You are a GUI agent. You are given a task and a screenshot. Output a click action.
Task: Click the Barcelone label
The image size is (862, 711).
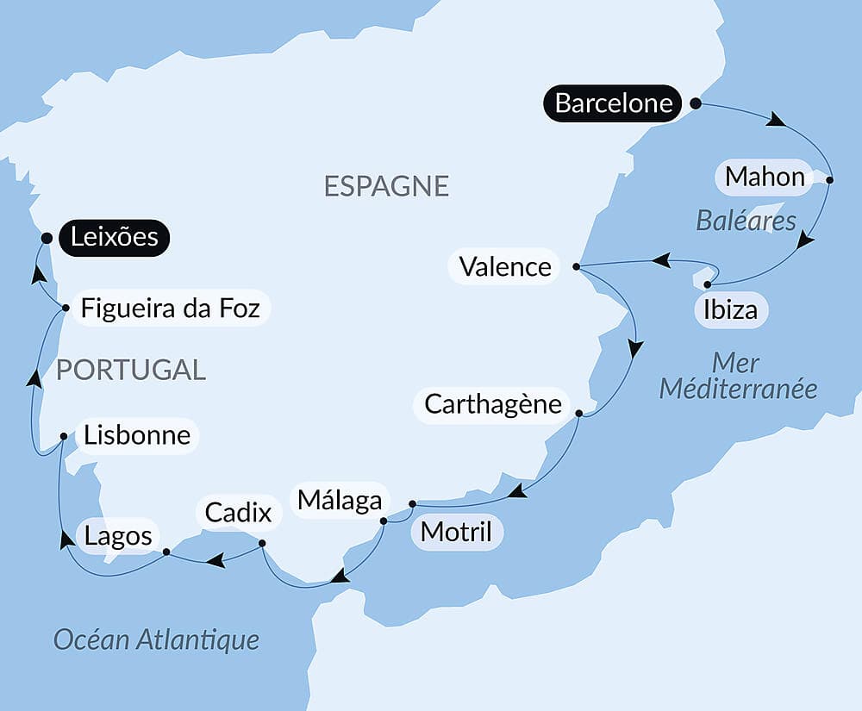click(x=613, y=103)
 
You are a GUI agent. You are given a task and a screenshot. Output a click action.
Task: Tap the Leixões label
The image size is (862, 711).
click(x=115, y=237)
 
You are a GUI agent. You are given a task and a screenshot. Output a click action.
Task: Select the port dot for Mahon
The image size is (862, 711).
click(x=829, y=180)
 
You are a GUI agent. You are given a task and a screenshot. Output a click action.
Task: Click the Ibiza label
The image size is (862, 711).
click(x=730, y=309)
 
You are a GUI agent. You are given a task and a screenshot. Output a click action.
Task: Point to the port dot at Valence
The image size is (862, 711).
click(x=577, y=267)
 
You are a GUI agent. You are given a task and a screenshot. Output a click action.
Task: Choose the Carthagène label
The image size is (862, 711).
click(x=492, y=403)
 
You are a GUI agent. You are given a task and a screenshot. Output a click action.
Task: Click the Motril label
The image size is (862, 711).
click(x=456, y=532)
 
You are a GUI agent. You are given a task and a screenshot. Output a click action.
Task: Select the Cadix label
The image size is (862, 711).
click(x=238, y=513)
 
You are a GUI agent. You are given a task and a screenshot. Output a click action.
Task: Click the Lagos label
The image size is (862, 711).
click(x=118, y=536)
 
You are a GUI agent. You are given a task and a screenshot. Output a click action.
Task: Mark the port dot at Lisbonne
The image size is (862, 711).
click(x=63, y=436)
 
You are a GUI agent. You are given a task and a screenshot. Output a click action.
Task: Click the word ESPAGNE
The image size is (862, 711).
click(x=386, y=186)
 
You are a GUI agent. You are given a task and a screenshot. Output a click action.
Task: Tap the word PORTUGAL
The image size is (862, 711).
click(x=131, y=370)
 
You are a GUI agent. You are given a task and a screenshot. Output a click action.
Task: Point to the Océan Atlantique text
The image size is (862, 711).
click(x=156, y=639)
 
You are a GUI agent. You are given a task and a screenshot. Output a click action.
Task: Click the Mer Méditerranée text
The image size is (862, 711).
click(x=738, y=375)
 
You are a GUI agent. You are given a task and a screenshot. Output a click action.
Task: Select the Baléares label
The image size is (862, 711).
click(x=746, y=221)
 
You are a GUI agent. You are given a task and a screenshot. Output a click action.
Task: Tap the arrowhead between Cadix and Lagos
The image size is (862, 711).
click(x=215, y=561)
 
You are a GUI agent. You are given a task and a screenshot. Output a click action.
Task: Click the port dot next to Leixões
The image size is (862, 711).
click(x=47, y=238)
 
